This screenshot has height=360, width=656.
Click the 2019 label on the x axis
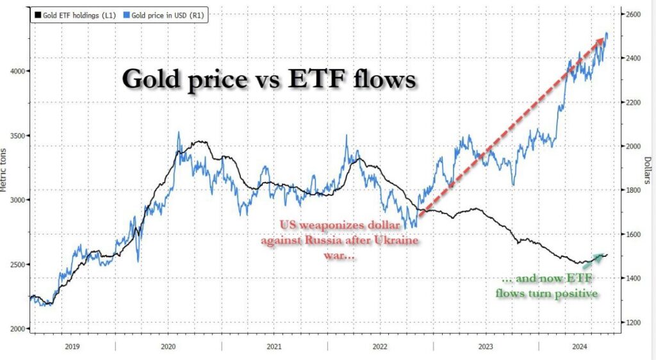pyautogui.click(x=72, y=347)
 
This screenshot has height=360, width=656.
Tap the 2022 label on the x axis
pyautogui.click(x=381, y=347)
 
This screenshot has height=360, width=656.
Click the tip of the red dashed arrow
pyautogui.click(x=603, y=39)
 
